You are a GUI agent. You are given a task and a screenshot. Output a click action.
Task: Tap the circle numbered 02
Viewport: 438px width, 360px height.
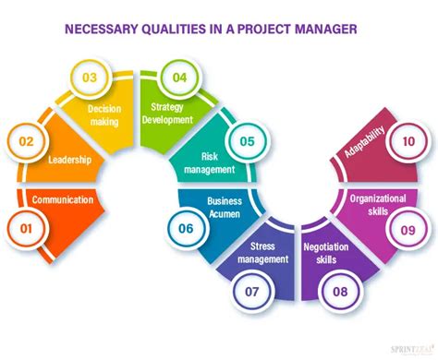(27, 142)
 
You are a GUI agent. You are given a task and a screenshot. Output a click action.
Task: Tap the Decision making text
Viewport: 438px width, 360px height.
(103, 114)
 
